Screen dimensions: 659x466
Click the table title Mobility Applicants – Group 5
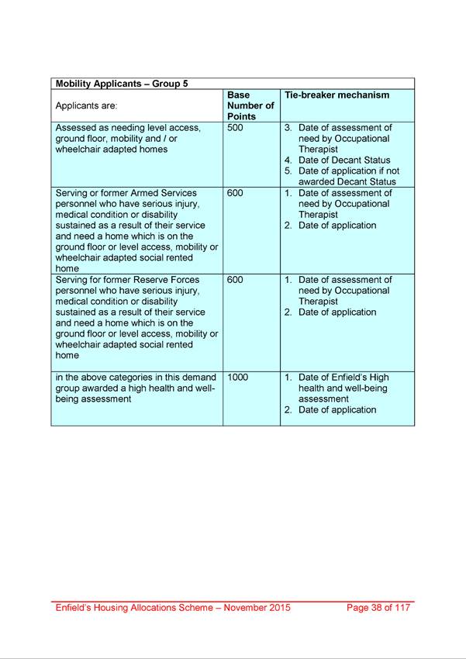tap(122, 84)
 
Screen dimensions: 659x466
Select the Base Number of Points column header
tap(250, 105)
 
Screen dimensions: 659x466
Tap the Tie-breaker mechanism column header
tap(337, 95)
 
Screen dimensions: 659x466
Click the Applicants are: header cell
tap(86, 106)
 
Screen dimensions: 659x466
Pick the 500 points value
tap(236, 128)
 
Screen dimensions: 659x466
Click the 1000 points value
tap(239, 378)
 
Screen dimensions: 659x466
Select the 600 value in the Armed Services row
tap(236, 193)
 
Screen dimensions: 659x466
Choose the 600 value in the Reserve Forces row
tap(236, 280)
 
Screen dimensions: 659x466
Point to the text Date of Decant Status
tap(344, 160)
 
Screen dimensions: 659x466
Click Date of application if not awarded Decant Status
tap(347, 177)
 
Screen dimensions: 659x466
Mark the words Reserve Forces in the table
tap(161, 280)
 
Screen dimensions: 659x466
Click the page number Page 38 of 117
tap(378, 608)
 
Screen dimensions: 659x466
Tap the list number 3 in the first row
tap(288, 128)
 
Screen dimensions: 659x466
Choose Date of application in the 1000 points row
tap(337, 410)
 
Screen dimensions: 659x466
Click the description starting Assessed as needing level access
tap(128, 139)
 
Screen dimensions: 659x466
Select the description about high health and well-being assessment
tap(135, 388)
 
